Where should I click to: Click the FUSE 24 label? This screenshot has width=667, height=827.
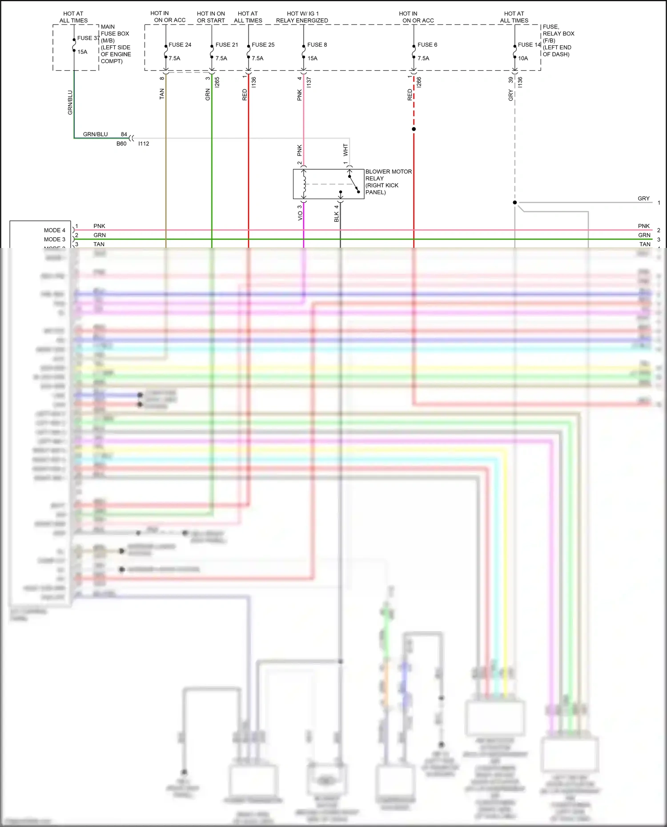coord(180,45)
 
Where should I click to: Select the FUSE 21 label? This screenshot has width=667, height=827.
coord(226,45)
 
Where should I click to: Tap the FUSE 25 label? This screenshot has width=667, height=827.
coord(263,45)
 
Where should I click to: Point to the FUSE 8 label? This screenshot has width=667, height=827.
coord(317,45)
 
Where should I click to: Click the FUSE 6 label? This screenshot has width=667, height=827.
coord(427,45)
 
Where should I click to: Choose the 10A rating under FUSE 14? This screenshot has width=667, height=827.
coord(523,58)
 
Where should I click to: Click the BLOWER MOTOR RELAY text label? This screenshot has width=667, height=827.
coord(388,182)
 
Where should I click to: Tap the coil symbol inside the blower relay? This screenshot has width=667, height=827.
coord(304,184)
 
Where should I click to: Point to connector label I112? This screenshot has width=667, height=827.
coord(144,144)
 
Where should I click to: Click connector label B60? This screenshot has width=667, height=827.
coord(121,144)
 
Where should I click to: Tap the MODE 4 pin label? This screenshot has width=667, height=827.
coord(54,230)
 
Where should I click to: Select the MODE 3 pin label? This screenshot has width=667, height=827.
coord(54,240)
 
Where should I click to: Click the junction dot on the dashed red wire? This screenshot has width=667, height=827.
coord(414,129)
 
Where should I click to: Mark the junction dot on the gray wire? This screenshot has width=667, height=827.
coord(515,203)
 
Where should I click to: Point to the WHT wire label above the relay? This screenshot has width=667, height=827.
coord(346,150)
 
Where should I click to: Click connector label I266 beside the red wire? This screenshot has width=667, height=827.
coord(419,82)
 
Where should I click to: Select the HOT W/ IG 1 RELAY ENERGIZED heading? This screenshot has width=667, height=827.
coord(302,17)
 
